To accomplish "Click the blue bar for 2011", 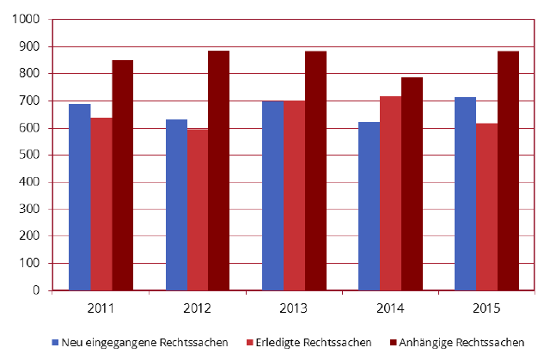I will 79,197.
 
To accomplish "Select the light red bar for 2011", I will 101,204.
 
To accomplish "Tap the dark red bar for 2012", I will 218,170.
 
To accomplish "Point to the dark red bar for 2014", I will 412,184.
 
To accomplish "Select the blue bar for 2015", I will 465,193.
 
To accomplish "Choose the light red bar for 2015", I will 486,207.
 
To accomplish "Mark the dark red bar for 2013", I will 315,170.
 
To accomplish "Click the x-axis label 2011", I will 101,308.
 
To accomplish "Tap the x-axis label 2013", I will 294,308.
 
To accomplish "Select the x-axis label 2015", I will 486,308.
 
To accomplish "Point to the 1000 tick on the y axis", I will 27,20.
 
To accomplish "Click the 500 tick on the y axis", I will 30,156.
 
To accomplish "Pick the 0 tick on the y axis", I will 37,290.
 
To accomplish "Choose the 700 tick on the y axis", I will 30,101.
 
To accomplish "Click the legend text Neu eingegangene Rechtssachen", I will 144,342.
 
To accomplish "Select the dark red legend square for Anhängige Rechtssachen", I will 394,342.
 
